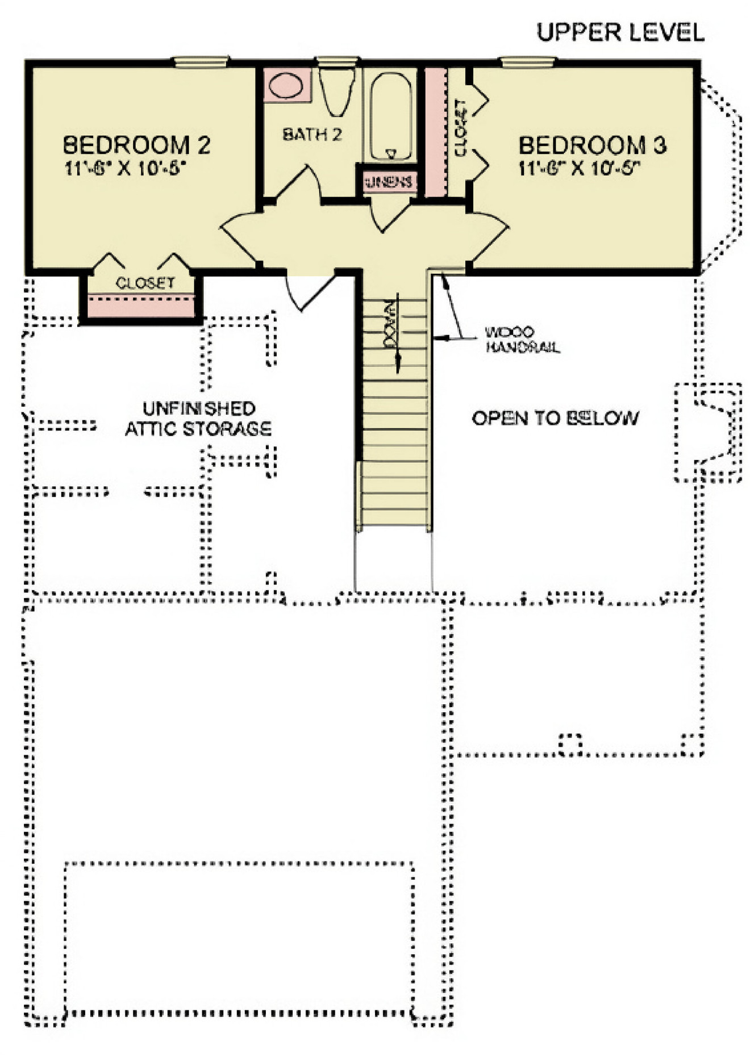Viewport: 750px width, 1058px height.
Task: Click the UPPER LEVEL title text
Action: pyautogui.click(x=620, y=32)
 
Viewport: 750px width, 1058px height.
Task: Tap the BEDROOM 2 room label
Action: pyautogui.click(x=136, y=145)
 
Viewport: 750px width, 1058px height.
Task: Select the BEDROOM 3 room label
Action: pyautogui.click(x=592, y=145)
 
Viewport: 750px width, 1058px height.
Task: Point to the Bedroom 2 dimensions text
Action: pyautogui.click(x=126, y=168)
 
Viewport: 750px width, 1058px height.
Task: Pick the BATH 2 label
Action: pyautogui.click(x=312, y=135)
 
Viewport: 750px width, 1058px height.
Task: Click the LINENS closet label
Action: pyautogui.click(x=389, y=182)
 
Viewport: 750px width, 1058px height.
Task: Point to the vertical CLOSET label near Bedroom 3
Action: pyautogui.click(x=461, y=128)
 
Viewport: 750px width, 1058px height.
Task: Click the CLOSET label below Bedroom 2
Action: pyautogui.click(x=145, y=283)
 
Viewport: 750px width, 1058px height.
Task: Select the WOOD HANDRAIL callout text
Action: pyautogui.click(x=522, y=340)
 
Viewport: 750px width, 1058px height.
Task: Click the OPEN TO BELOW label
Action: pyautogui.click(x=555, y=419)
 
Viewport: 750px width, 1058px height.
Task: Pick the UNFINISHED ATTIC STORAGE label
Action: pyautogui.click(x=198, y=419)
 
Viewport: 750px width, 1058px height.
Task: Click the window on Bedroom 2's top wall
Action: pyautogui.click(x=201, y=61)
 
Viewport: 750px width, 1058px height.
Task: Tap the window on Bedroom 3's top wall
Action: pyautogui.click(x=527, y=61)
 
